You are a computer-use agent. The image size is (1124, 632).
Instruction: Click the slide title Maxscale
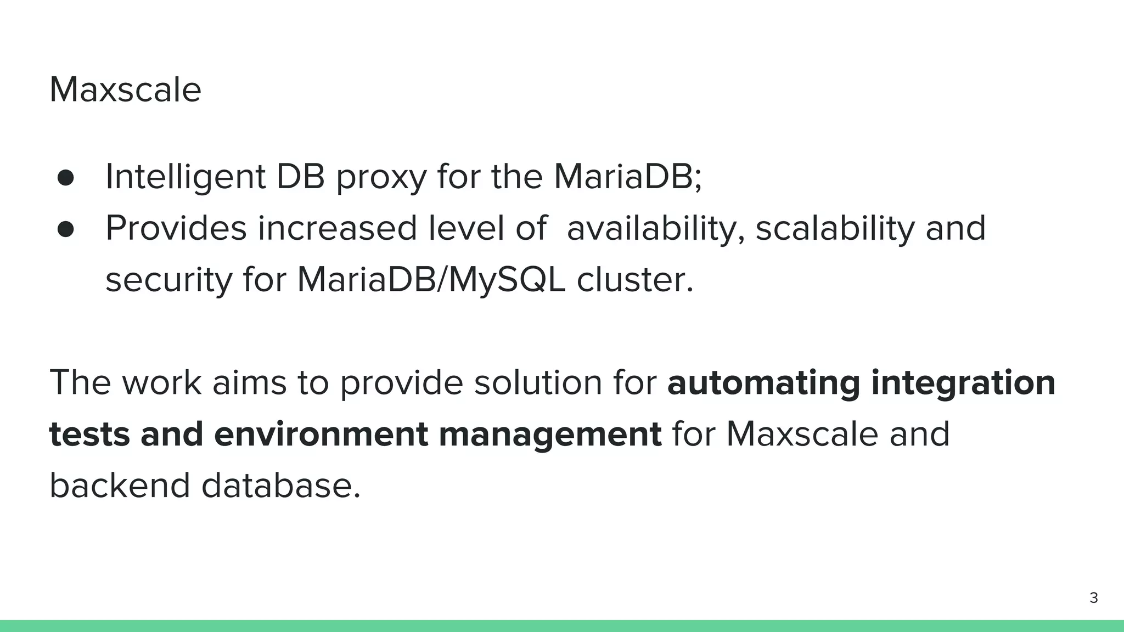125,89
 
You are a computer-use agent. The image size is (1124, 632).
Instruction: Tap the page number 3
1093,598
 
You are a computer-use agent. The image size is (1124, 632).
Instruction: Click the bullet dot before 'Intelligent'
65,178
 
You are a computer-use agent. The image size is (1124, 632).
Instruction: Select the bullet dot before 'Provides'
65,229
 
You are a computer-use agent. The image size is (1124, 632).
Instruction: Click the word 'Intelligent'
185,177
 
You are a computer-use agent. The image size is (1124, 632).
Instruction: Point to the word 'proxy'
381,178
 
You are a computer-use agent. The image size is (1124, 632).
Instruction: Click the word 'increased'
337,228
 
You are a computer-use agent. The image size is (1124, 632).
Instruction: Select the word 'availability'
655,228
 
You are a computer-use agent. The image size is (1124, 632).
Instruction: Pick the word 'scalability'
835,228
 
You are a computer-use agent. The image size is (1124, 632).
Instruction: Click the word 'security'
168,280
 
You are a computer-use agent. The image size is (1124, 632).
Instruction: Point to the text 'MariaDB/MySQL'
431,280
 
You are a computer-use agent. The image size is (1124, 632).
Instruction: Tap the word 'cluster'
634,280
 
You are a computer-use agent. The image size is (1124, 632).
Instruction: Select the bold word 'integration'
963,383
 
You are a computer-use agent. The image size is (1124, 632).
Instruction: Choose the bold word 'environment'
321,435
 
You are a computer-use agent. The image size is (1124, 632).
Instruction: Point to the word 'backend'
120,486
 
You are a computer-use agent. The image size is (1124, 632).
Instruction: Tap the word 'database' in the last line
280,486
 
